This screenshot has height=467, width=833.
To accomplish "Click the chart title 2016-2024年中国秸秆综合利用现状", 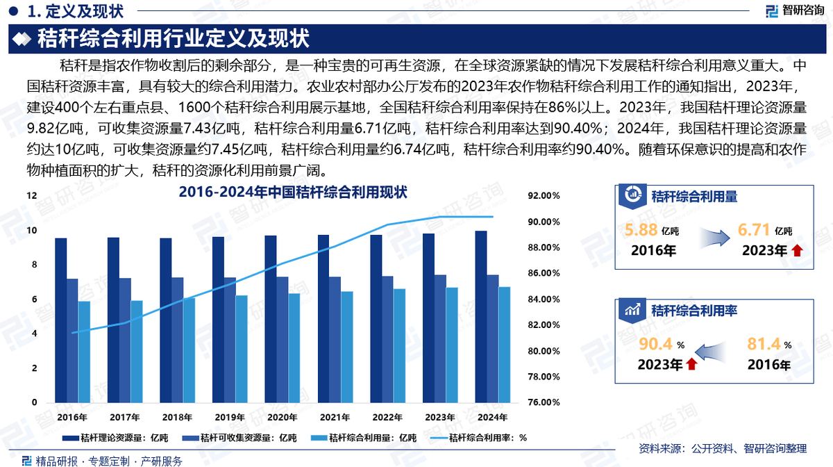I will coord(292,191).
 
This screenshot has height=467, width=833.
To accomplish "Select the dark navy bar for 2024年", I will coord(480,316).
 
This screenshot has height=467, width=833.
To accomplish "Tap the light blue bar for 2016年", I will coord(84,352).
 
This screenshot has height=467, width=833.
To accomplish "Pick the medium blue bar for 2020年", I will coord(282,339).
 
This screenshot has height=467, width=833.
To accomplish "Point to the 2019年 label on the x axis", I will coord(229,418).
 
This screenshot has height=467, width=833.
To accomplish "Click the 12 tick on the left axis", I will coord(31,197).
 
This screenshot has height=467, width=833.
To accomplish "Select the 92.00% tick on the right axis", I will coord(544,197).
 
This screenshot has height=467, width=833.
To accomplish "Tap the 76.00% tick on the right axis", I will coord(544,402).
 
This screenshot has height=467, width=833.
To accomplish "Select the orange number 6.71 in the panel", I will coord(754,231).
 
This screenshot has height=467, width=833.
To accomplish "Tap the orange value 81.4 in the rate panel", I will coord(764,343).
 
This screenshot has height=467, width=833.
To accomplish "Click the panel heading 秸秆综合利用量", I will coord(693,197).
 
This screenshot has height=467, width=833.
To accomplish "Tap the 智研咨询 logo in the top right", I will coord(794,10).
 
